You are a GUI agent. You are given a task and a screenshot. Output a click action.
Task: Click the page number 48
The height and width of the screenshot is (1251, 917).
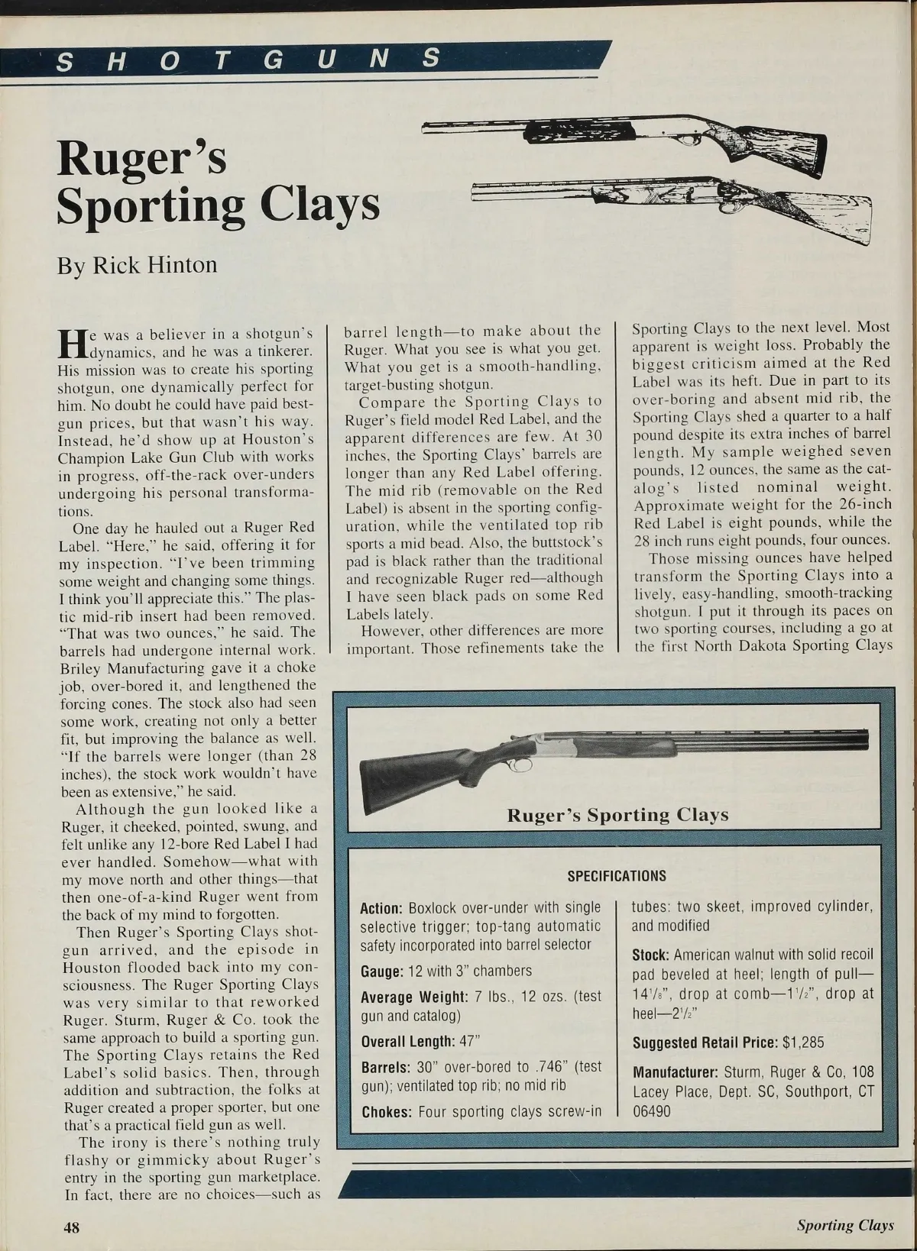click(x=71, y=1226)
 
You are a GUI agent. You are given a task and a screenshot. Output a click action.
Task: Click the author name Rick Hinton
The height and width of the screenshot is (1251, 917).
click(x=154, y=265)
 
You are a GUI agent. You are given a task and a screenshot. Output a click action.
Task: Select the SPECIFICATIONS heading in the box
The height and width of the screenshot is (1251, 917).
click(x=617, y=876)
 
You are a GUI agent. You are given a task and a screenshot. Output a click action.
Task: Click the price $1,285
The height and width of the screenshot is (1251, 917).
click(x=803, y=1042)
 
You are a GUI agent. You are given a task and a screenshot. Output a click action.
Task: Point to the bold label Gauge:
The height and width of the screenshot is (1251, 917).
click(x=382, y=971)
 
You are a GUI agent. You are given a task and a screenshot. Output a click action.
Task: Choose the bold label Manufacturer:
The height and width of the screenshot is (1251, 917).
click(x=676, y=1072)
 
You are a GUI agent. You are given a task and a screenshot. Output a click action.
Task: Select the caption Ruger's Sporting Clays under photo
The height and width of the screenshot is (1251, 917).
click(x=617, y=815)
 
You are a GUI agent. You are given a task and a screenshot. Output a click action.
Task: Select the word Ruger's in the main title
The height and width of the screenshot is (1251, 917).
click(x=142, y=157)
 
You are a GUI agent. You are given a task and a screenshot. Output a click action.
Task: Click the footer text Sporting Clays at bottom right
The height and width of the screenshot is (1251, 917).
click(x=844, y=1226)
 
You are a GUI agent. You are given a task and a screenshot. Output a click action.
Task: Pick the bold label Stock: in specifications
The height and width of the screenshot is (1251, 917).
click(x=651, y=955)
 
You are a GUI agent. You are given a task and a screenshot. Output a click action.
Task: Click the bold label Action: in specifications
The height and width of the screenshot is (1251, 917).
click(x=381, y=909)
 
